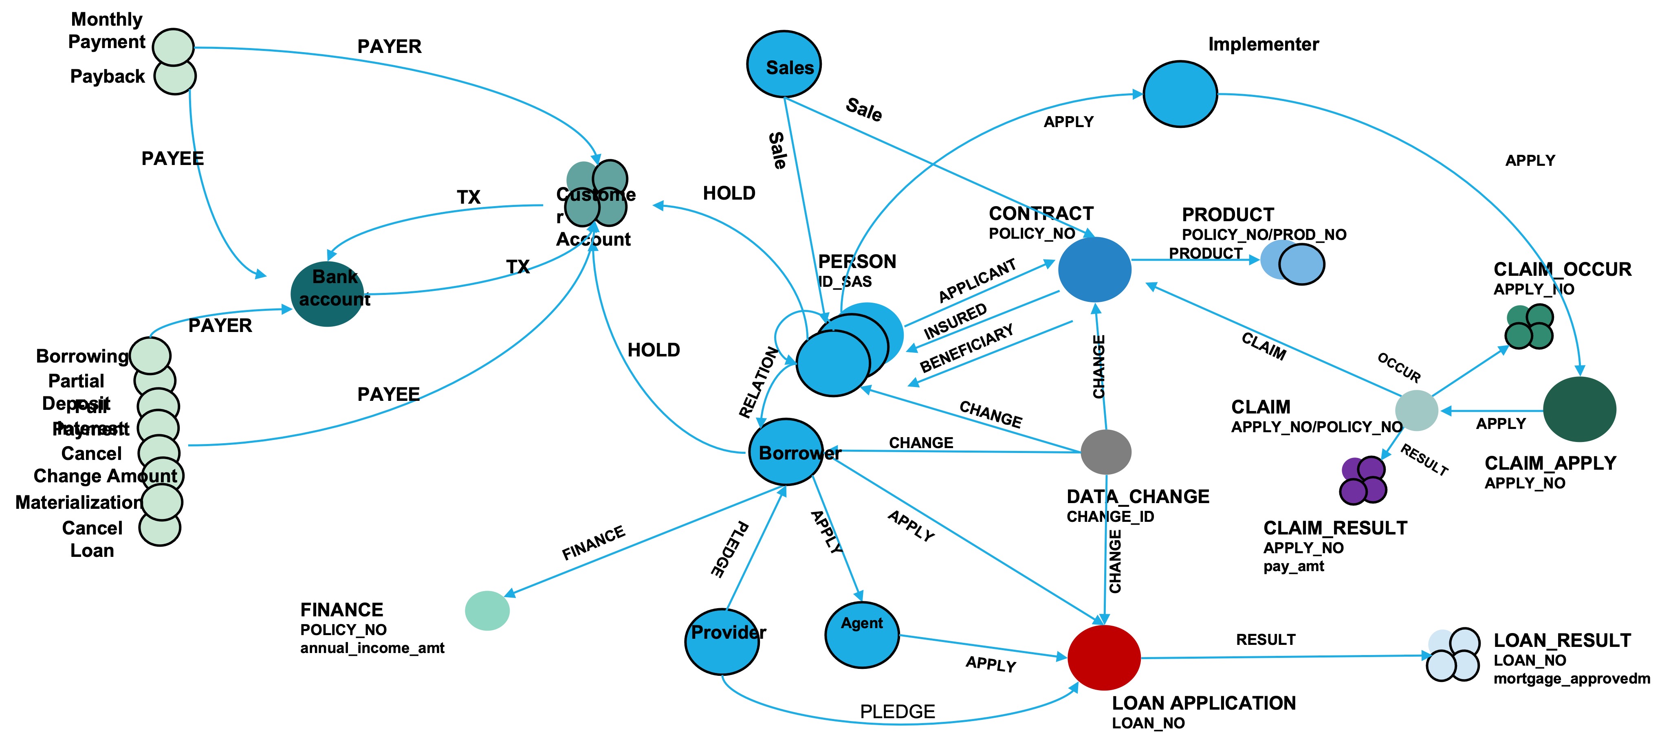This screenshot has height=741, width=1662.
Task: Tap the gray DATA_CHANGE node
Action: point(1106,452)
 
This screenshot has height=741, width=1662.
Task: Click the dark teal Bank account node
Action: point(328,294)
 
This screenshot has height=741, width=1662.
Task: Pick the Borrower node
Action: point(786,452)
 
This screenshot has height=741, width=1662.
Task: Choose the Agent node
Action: point(862,635)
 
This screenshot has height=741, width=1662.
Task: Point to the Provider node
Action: point(722,641)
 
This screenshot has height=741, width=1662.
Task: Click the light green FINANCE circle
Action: point(487,610)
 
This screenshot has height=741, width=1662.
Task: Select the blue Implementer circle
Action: point(1180,94)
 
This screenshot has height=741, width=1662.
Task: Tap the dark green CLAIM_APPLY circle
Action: point(1579,409)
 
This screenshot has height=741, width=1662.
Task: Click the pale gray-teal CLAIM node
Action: point(1416,410)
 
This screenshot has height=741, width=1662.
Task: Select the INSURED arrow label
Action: point(955,321)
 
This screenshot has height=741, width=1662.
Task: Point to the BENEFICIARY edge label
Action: point(966,349)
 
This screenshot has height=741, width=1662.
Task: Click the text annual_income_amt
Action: point(372,648)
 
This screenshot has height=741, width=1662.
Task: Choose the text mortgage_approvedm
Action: point(1571,678)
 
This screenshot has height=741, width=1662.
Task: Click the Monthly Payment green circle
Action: point(174,46)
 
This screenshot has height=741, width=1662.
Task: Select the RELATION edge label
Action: point(759,382)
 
